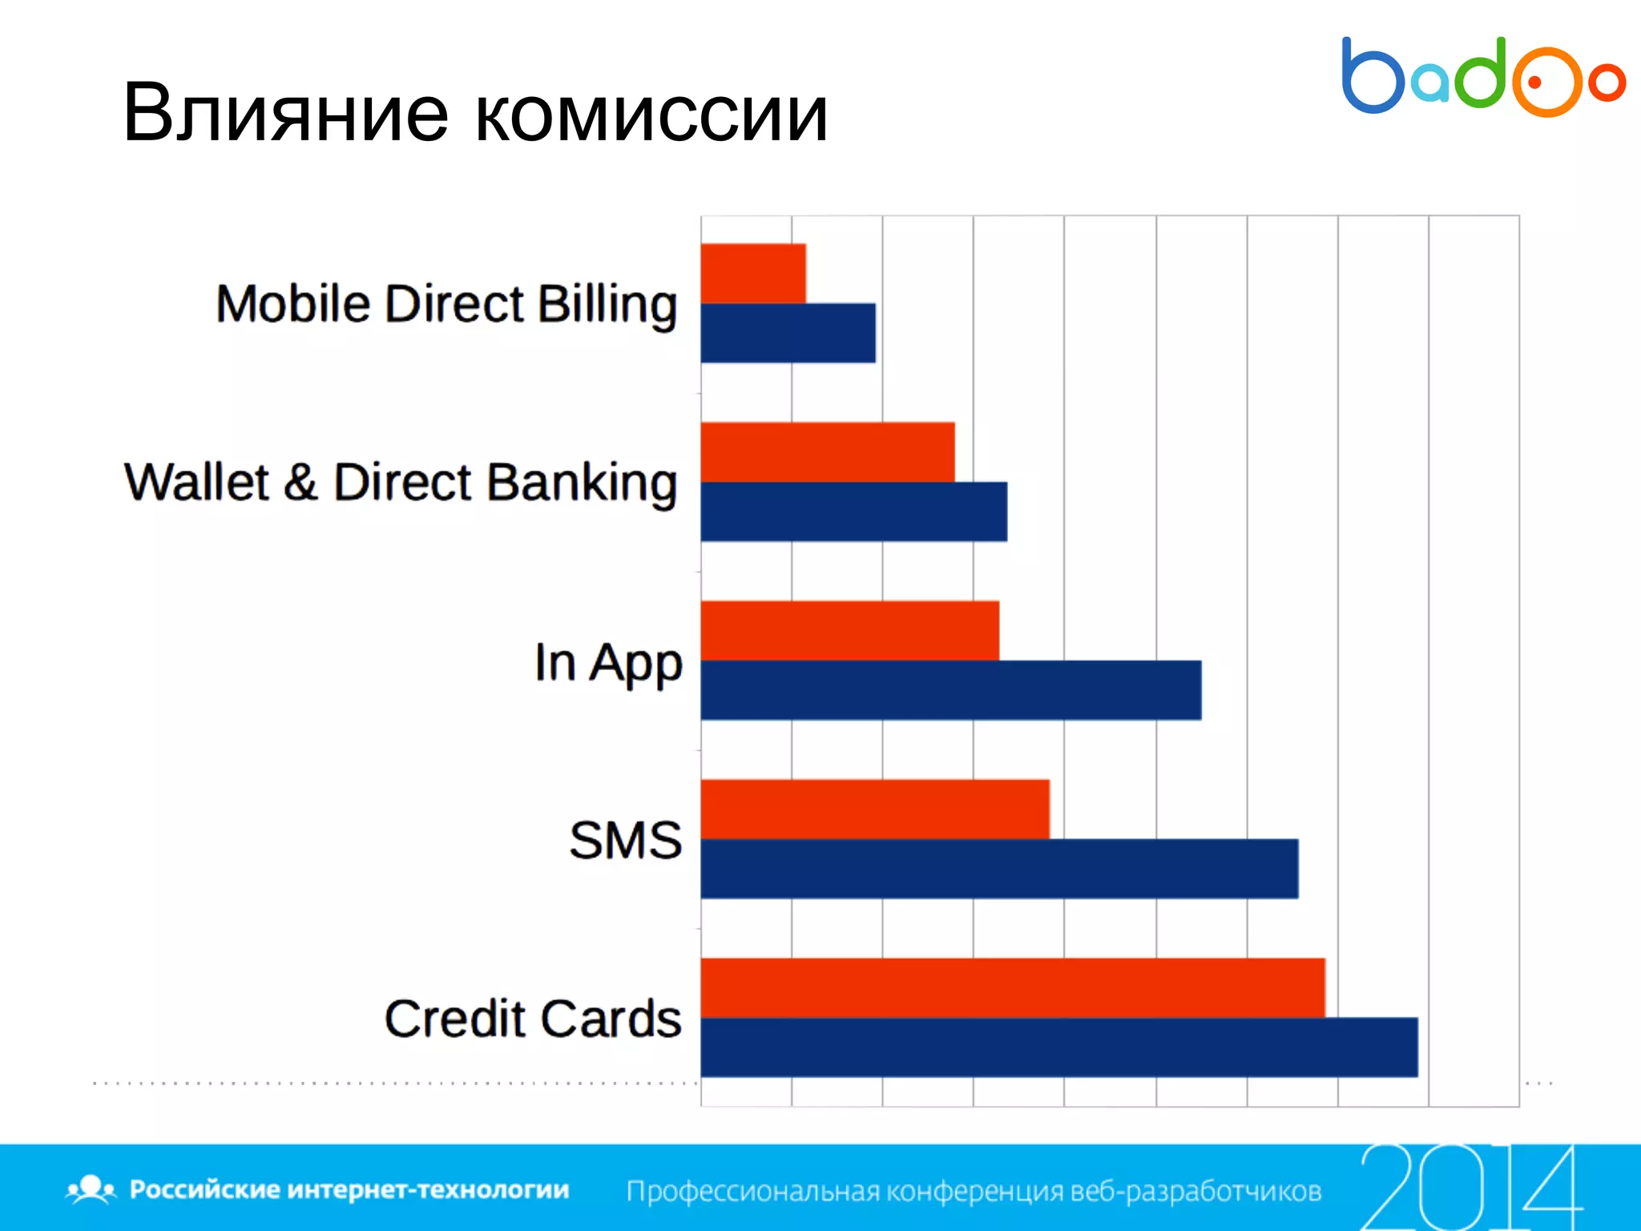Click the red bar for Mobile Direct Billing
point(753,273)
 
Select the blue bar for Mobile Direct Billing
point(788,333)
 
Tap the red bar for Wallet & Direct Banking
point(828,452)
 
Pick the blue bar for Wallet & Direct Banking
point(853,511)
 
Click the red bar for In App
point(849,631)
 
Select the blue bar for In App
point(950,690)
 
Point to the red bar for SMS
point(875,809)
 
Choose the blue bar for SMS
point(999,869)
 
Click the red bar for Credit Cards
point(1013,987)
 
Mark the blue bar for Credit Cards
point(1059,1047)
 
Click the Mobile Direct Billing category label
point(446,305)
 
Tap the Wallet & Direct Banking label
point(401,483)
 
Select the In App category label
point(608,664)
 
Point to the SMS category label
point(625,841)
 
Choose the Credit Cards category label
point(533,1019)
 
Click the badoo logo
point(1483,77)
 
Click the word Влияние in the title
point(285,114)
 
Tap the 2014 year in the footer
point(1470,1186)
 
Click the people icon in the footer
point(91,1189)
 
